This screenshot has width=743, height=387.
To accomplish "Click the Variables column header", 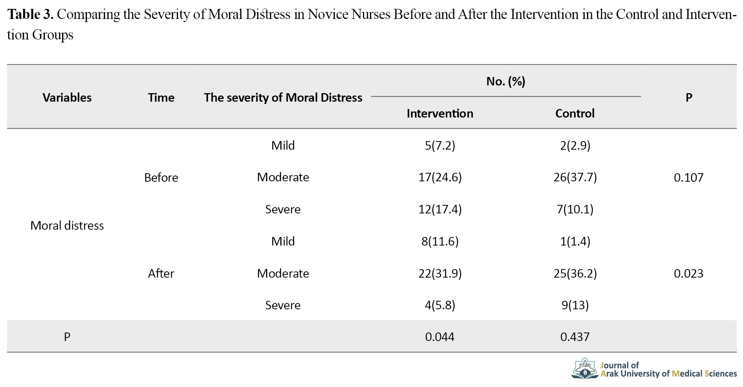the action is [x=67, y=97].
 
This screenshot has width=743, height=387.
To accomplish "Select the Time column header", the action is [x=161, y=97].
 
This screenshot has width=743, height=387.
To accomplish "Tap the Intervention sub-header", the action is [x=440, y=113].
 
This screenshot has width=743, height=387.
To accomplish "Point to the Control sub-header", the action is [x=575, y=113].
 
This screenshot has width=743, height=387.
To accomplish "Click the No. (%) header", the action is [x=506, y=81].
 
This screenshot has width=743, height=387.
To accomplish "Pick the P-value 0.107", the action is [x=689, y=177].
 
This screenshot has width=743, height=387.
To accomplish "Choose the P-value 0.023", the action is [x=689, y=273].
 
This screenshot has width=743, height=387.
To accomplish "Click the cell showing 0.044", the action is [x=440, y=337].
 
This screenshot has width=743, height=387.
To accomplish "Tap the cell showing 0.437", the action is [x=575, y=337].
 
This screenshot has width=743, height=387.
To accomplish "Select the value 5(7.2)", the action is [x=440, y=145].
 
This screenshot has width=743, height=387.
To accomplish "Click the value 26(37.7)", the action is [x=575, y=177].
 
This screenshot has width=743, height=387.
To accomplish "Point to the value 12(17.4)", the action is [x=440, y=209].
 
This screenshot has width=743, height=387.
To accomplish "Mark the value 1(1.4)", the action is [x=575, y=241].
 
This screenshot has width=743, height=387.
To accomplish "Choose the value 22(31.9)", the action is [x=440, y=273].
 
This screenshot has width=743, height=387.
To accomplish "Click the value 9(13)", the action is [x=575, y=305].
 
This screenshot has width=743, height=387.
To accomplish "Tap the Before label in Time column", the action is [x=161, y=177].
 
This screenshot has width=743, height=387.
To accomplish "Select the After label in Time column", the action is [x=161, y=273].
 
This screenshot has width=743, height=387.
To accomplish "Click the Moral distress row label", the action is [x=67, y=225].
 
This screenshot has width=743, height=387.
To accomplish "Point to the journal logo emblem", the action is [x=585, y=368].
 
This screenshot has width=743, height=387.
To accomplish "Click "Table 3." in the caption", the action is [x=31, y=14].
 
